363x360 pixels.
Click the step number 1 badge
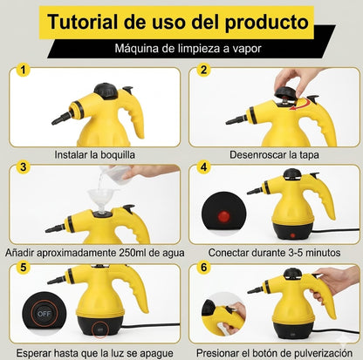24,70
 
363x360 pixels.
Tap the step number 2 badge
203,70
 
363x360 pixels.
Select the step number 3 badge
24,167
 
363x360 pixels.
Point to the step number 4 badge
203,167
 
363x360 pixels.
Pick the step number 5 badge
24,267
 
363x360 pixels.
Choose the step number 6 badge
203,267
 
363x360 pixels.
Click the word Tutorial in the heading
83,22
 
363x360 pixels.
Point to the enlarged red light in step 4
223,216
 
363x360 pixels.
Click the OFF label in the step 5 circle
44,314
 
